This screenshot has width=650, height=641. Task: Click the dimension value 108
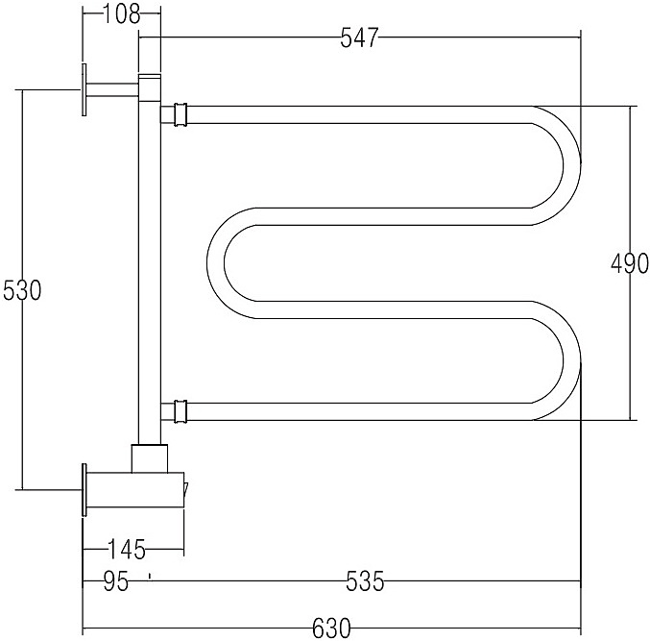click(121, 14)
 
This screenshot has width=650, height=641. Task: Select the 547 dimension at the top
click(360, 37)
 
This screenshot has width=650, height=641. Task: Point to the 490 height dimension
click(630, 263)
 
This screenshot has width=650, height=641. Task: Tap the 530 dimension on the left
click(21, 290)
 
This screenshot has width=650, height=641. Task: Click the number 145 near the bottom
click(126, 551)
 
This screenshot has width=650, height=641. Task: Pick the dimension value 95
click(115, 581)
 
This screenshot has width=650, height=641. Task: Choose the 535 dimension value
click(365, 581)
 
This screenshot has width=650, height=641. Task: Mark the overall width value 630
click(331, 629)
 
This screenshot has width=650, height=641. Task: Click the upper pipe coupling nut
click(177, 115)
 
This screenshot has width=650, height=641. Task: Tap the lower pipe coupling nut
click(177, 411)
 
